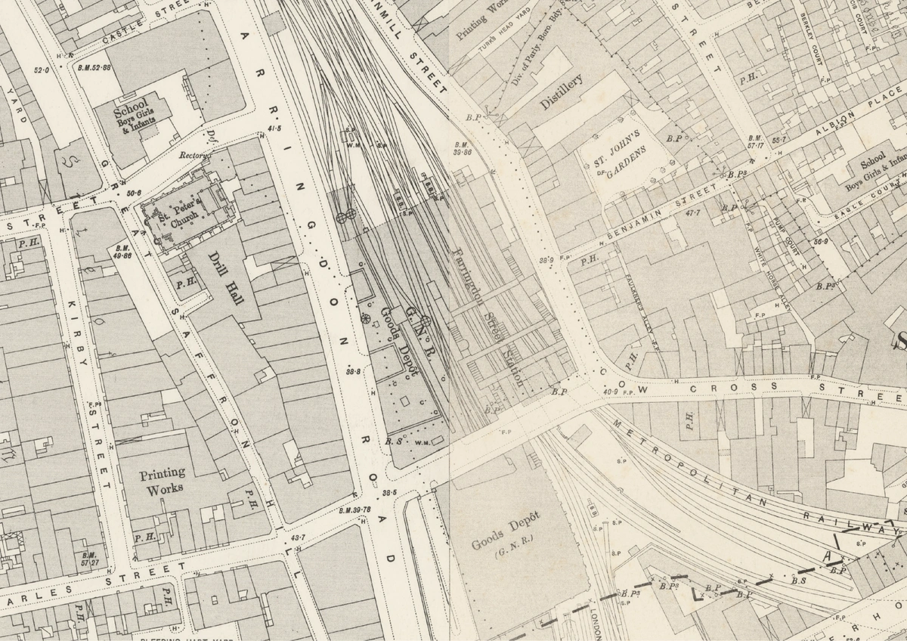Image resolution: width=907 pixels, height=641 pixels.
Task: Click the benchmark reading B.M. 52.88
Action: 94,67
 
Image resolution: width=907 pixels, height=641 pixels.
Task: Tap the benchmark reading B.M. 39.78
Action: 355,509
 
